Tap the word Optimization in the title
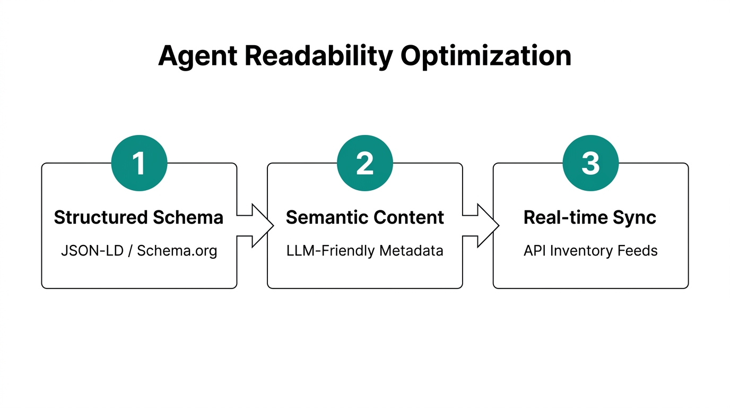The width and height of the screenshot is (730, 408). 486,56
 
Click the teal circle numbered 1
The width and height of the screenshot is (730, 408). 139,163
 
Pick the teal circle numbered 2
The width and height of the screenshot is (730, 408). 365,163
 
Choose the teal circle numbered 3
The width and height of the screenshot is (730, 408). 590,163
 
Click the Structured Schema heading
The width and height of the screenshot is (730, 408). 139,217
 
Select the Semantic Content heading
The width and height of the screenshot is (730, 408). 365,217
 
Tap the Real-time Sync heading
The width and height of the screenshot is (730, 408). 590,217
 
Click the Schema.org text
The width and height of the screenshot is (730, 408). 177,251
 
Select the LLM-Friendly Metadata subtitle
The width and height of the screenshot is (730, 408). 365,251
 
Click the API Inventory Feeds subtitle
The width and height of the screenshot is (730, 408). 590,251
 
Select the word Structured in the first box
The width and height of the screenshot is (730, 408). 101,217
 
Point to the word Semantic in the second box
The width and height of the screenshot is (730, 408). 327,217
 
